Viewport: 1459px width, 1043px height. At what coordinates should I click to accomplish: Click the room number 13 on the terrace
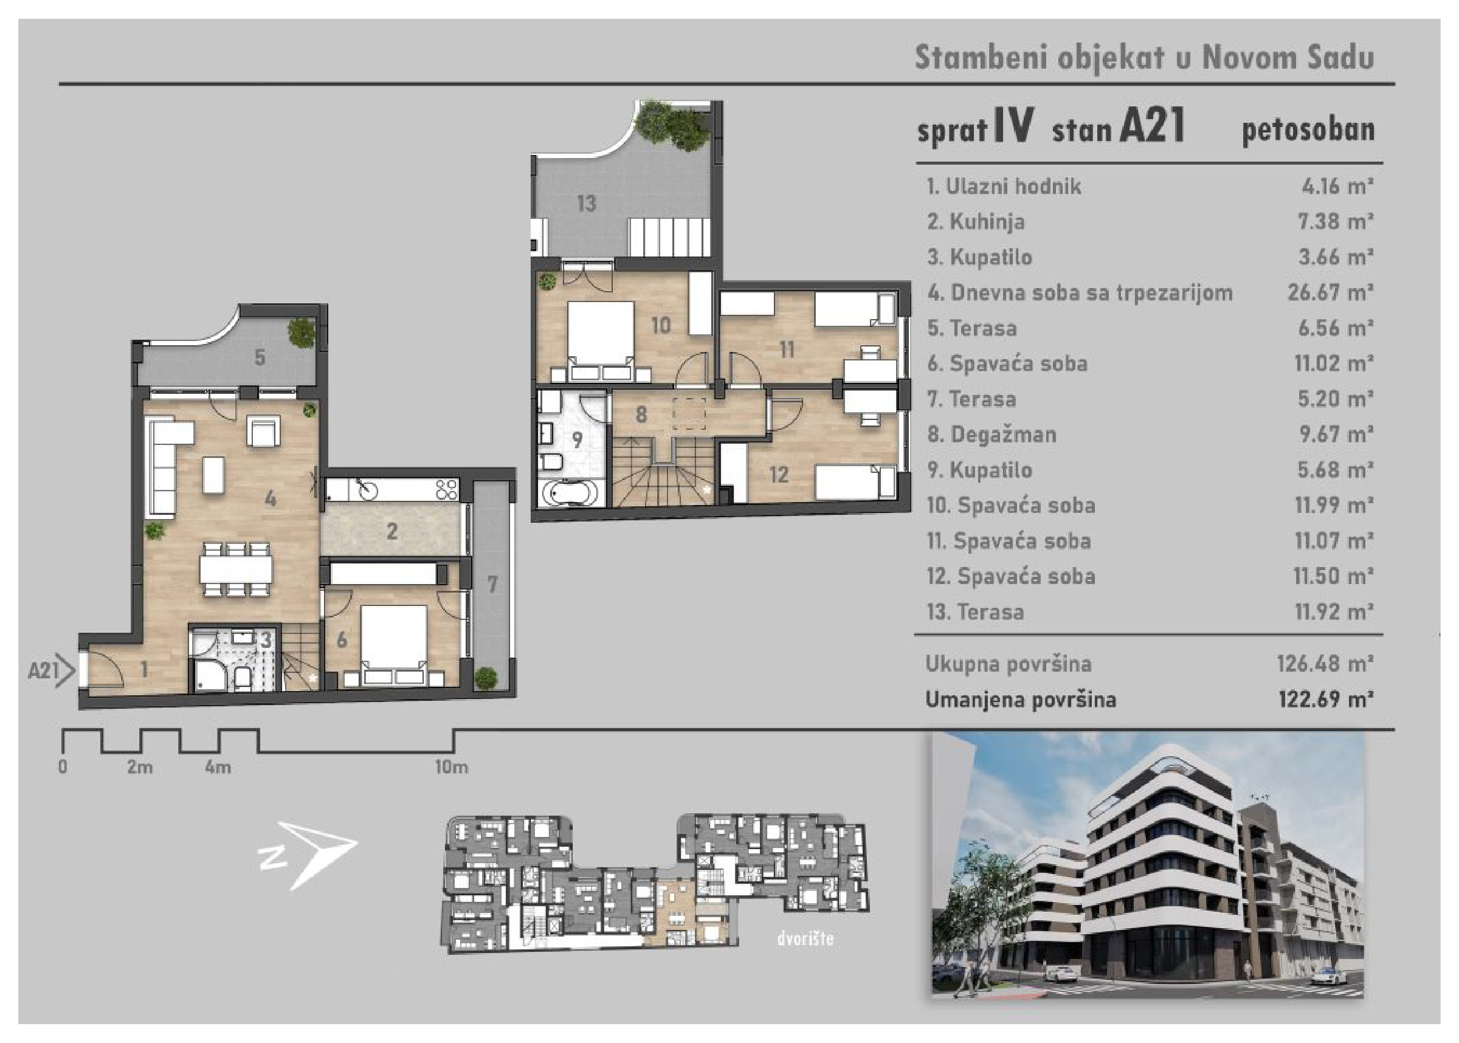click(x=586, y=204)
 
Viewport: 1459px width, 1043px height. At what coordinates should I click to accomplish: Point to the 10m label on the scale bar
click(x=452, y=767)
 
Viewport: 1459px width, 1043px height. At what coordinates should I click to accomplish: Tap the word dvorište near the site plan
click(x=805, y=939)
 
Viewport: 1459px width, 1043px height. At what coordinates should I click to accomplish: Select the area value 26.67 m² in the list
click(x=1330, y=293)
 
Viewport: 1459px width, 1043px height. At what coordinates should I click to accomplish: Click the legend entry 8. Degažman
click(x=992, y=435)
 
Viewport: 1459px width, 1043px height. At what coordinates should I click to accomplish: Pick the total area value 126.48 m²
click(x=1325, y=664)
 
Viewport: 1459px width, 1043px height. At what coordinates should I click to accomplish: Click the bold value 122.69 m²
click(x=1325, y=699)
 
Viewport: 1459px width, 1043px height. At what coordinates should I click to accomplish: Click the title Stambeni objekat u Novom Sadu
click(x=1144, y=57)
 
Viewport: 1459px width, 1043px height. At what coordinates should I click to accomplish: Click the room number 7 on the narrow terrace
click(x=492, y=585)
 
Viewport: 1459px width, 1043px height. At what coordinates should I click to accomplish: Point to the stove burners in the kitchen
click(x=447, y=489)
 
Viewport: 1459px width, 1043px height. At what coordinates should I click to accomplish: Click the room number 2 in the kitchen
click(x=391, y=531)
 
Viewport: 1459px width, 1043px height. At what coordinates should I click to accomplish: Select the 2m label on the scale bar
click(x=140, y=767)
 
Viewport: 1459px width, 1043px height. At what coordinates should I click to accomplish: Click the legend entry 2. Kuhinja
click(x=976, y=222)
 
